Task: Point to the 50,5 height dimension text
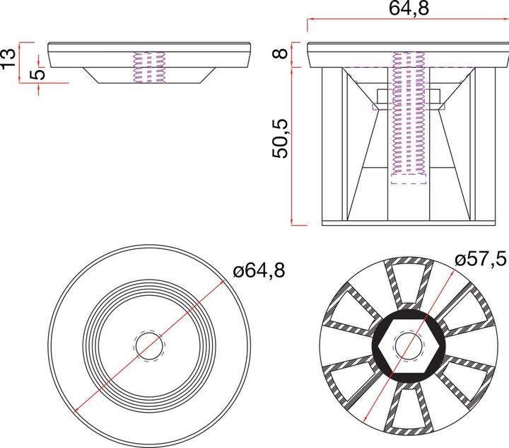pos(283,139)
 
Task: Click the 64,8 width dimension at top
pos(409,8)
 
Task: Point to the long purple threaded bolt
pos(409,117)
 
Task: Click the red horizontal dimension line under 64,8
pos(409,21)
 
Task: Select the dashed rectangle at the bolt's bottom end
pos(409,179)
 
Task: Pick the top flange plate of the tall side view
pos(408,54)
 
